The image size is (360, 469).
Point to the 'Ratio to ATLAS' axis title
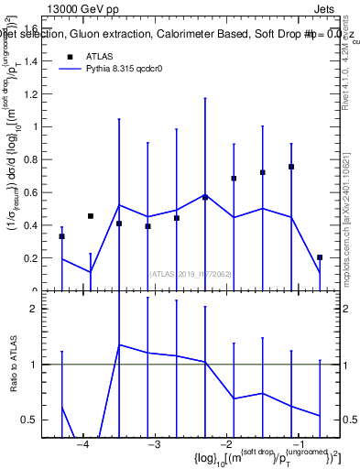11,366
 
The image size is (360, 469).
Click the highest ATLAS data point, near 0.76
291,167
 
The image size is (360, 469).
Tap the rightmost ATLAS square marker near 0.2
320,257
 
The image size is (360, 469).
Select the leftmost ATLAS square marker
61,236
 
